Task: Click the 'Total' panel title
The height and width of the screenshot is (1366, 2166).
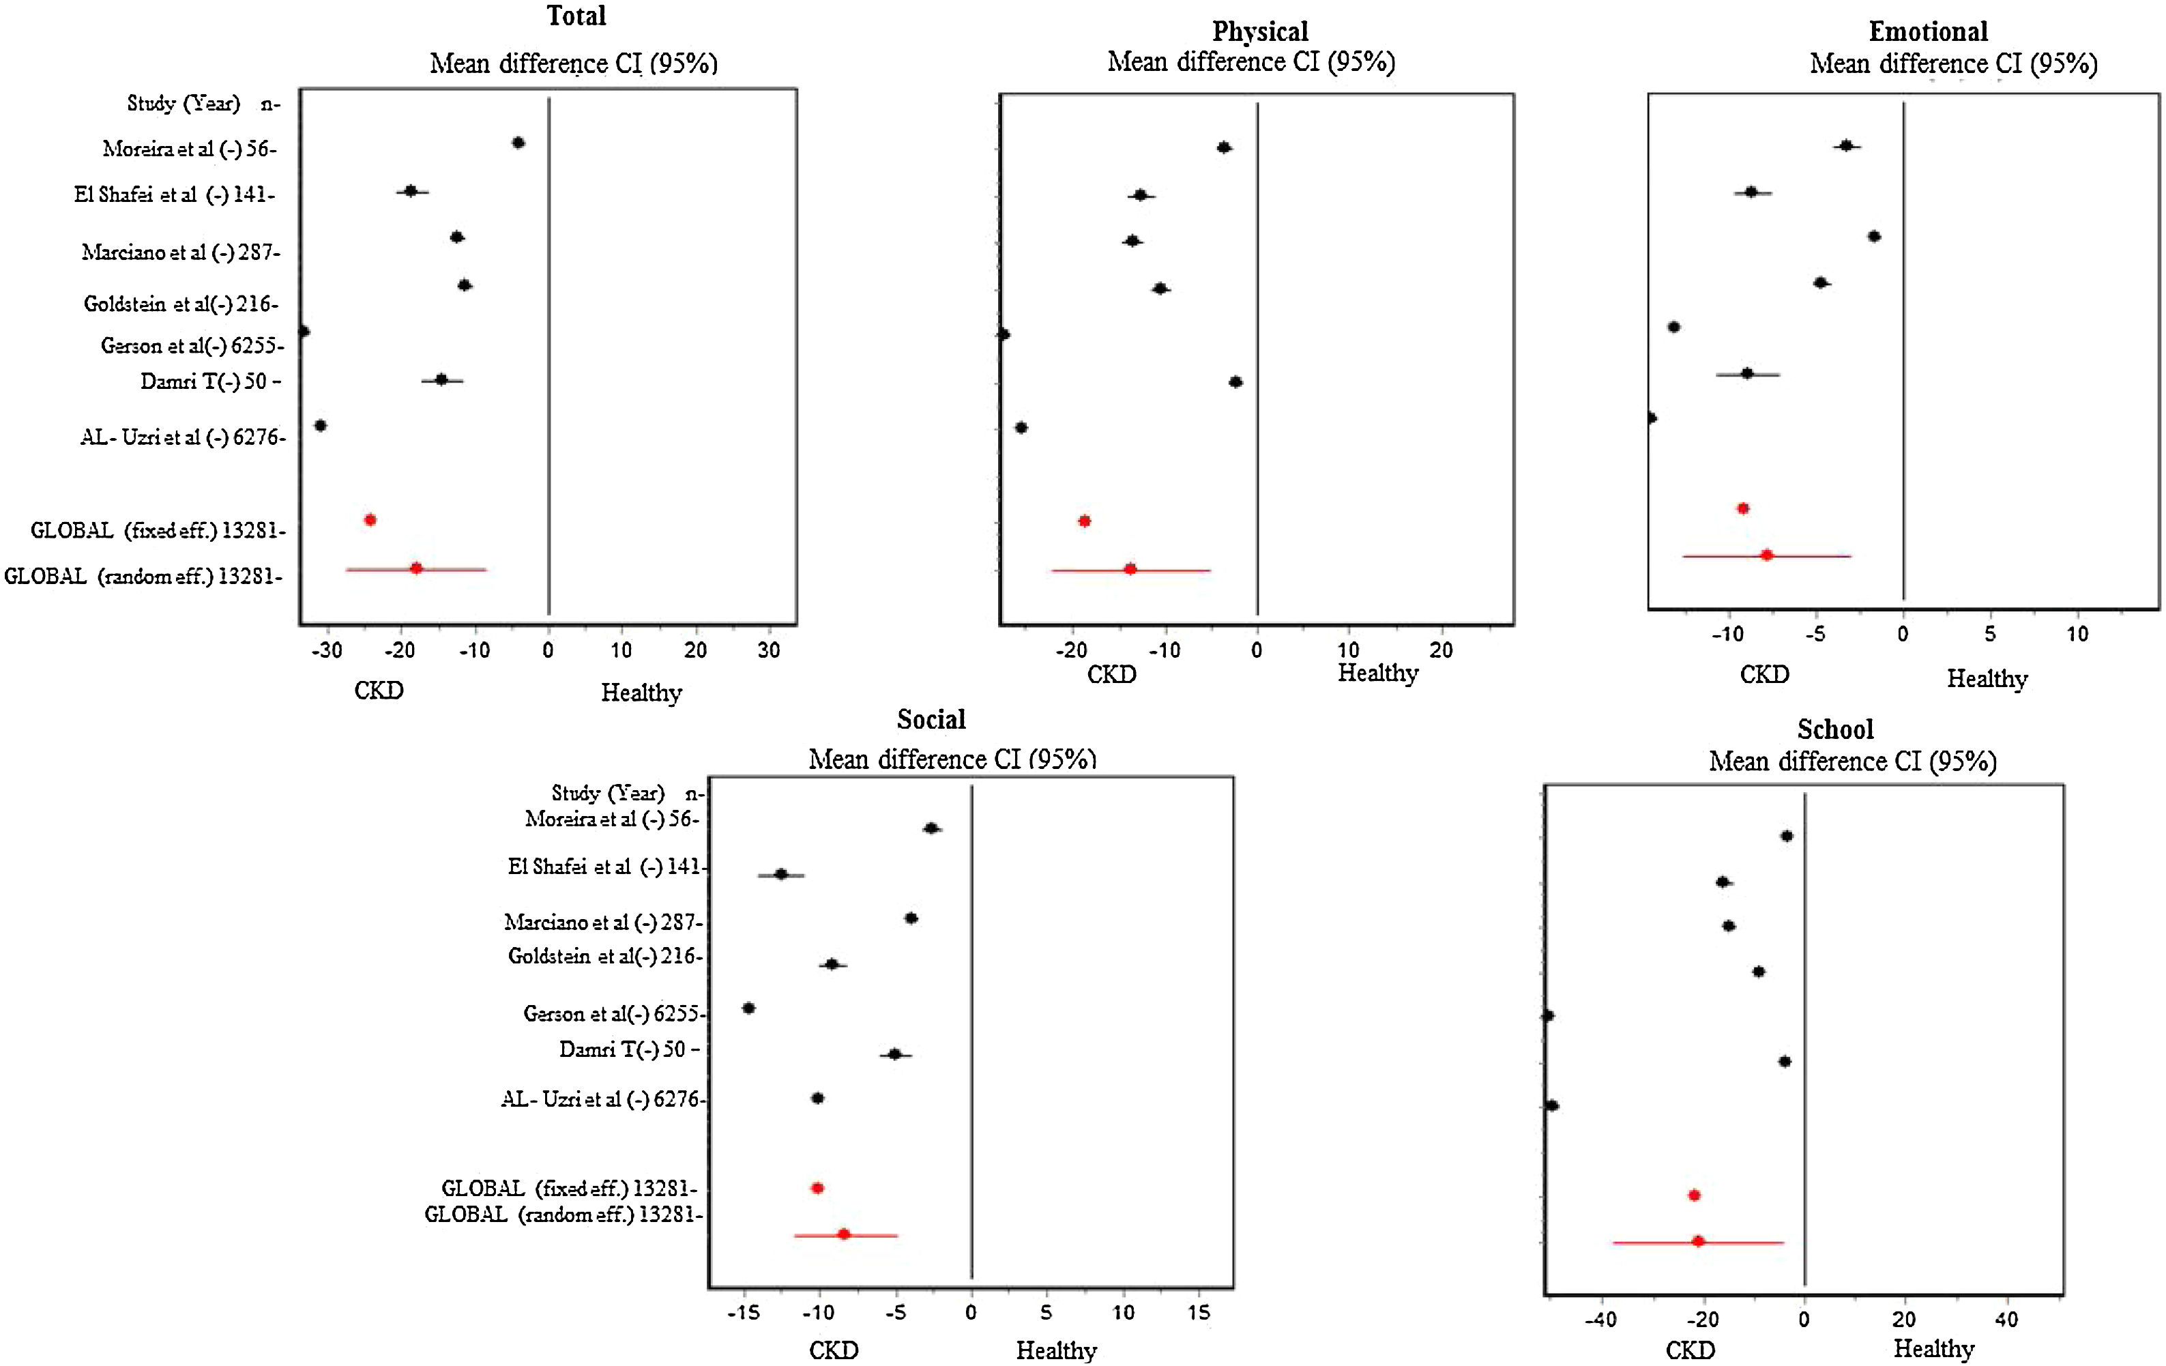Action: click(576, 16)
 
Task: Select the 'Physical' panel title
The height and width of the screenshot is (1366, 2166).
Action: click(1259, 31)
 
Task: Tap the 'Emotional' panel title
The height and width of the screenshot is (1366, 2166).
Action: click(1928, 31)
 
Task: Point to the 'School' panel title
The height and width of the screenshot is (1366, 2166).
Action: click(1835, 729)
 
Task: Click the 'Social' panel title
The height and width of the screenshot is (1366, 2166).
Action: click(931, 719)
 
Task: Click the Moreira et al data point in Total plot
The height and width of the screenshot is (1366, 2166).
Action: click(518, 142)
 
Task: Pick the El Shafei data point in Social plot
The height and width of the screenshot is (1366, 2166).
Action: click(780, 874)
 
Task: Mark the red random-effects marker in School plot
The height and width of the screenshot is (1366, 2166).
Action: click(1698, 1241)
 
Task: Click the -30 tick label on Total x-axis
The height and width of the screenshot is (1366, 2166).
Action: click(327, 651)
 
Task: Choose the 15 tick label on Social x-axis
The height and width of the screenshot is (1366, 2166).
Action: click(1198, 1313)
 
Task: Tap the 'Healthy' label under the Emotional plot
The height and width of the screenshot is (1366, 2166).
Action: click(1987, 680)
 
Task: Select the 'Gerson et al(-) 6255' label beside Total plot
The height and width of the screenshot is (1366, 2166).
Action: click(191, 345)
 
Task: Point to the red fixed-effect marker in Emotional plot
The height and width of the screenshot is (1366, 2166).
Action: click(1743, 508)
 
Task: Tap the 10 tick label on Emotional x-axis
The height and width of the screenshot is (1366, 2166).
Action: click(2077, 635)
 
